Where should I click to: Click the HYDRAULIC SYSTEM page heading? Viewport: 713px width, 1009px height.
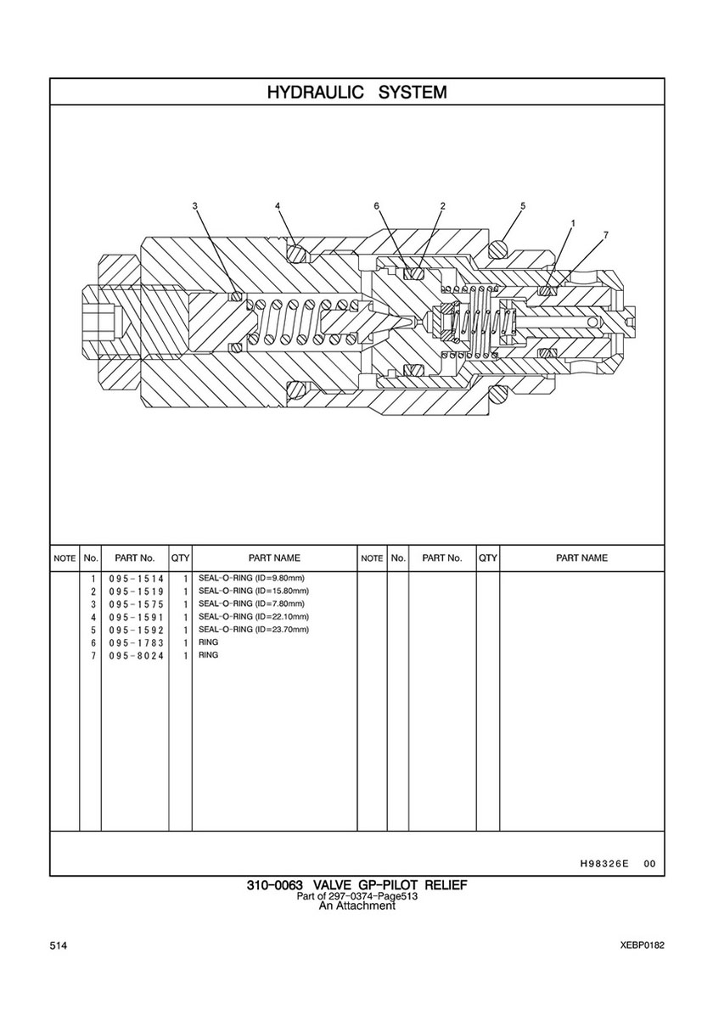click(x=356, y=92)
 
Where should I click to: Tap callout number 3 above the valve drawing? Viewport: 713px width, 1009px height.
click(x=194, y=206)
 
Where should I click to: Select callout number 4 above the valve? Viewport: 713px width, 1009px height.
click(x=278, y=206)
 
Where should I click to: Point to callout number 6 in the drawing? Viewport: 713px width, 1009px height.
click(x=377, y=206)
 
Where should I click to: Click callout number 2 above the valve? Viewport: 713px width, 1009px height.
click(x=443, y=206)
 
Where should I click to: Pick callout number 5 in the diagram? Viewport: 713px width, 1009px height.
click(x=523, y=206)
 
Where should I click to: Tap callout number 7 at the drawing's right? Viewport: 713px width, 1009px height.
click(x=605, y=236)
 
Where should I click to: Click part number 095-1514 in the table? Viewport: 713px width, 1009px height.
click(x=137, y=579)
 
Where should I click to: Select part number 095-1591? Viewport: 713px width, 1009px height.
click(x=137, y=617)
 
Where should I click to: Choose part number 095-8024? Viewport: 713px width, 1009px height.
click(x=137, y=656)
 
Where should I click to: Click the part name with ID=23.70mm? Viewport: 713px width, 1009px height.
click(x=254, y=630)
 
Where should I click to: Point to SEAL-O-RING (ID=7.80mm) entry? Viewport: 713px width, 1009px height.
click(x=251, y=603)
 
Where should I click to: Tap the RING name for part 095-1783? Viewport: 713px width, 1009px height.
click(x=209, y=642)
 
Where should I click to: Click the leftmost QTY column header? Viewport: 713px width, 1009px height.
click(x=180, y=558)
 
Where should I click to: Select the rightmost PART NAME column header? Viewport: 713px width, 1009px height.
click(x=581, y=558)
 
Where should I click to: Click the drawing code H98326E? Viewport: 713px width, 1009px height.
click(x=604, y=864)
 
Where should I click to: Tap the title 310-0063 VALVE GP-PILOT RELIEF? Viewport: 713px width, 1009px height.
click(x=357, y=885)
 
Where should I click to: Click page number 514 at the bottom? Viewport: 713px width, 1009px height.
click(x=58, y=945)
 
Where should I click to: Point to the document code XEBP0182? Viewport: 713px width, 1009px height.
click(x=643, y=945)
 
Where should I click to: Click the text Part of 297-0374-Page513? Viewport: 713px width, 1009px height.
click(x=357, y=896)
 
